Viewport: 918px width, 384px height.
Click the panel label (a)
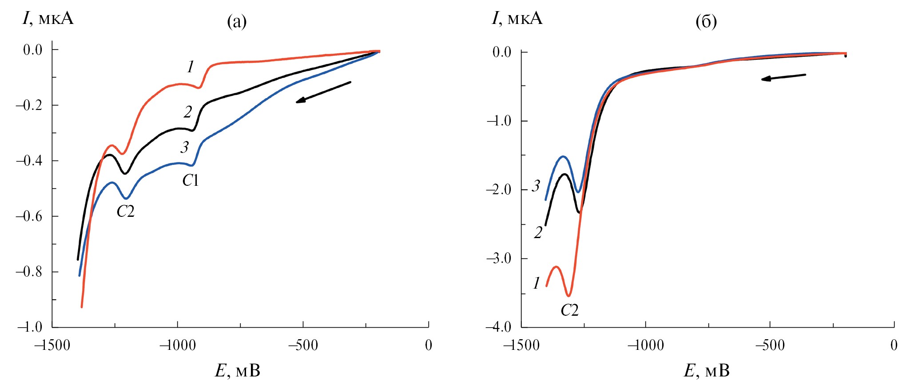[x=237, y=21]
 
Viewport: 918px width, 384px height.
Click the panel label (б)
[x=706, y=21]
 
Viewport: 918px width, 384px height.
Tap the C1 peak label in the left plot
[x=190, y=180]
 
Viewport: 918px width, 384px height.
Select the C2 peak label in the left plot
[x=125, y=212]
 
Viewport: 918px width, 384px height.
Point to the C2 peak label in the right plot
[x=569, y=310]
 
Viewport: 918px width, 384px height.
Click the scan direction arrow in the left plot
[x=323, y=92]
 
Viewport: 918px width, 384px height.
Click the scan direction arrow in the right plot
[x=783, y=77]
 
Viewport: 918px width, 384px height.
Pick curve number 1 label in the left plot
[x=191, y=67]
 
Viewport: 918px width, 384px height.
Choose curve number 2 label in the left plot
[x=188, y=112]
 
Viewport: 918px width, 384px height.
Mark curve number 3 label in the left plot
[x=184, y=147]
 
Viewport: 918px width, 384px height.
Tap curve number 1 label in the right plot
[x=536, y=283]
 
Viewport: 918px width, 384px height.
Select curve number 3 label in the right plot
[x=536, y=186]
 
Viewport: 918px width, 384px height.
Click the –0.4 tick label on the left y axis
[x=29, y=161]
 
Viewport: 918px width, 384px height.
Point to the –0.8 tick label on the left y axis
[x=29, y=271]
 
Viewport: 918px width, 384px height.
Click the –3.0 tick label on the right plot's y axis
[x=499, y=258]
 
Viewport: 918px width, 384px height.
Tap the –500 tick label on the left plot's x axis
[x=303, y=345]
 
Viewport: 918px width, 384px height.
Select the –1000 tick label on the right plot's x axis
[x=645, y=345]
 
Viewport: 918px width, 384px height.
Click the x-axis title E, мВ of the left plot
[x=238, y=371]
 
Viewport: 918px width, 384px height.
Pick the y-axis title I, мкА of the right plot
[x=517, y=18]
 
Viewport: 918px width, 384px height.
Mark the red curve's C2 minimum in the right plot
[x=568, y=295]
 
